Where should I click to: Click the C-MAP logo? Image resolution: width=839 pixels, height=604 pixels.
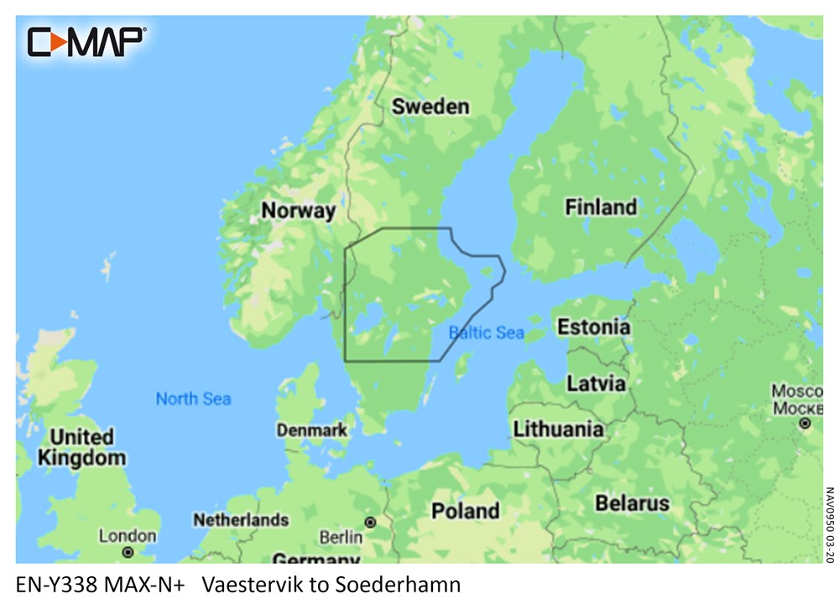(x=86, y=41)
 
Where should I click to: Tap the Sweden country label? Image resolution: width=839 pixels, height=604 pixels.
(x=430, y=107)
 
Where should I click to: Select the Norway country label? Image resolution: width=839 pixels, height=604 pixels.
(x=298, y=210)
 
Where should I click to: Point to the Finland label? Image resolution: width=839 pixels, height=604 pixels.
(x=600, y=206)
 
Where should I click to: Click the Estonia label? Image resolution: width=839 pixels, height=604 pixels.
(x=593, y=326)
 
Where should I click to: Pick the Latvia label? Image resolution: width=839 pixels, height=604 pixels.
(x=596, y=383)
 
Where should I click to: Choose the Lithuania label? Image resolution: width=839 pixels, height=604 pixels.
(x=558, y=429)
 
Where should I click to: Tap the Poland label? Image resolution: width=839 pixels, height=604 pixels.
(x=465, y=510)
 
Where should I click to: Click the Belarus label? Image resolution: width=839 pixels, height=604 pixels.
(x=632, y=503)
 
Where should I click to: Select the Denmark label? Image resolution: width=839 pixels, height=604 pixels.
(x=312, y=430)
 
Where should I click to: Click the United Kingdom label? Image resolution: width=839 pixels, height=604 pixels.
(x=81, y=448)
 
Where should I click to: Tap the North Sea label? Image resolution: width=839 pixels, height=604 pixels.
(x=193, y=398)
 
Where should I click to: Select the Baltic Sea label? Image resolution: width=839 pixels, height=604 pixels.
(x=487, y=333)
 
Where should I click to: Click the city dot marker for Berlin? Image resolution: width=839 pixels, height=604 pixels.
(x=369, y=522)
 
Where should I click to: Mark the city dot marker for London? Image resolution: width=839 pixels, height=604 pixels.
(x=128, y=552)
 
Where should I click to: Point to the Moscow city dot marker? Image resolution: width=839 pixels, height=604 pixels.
(x=805, y=424)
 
